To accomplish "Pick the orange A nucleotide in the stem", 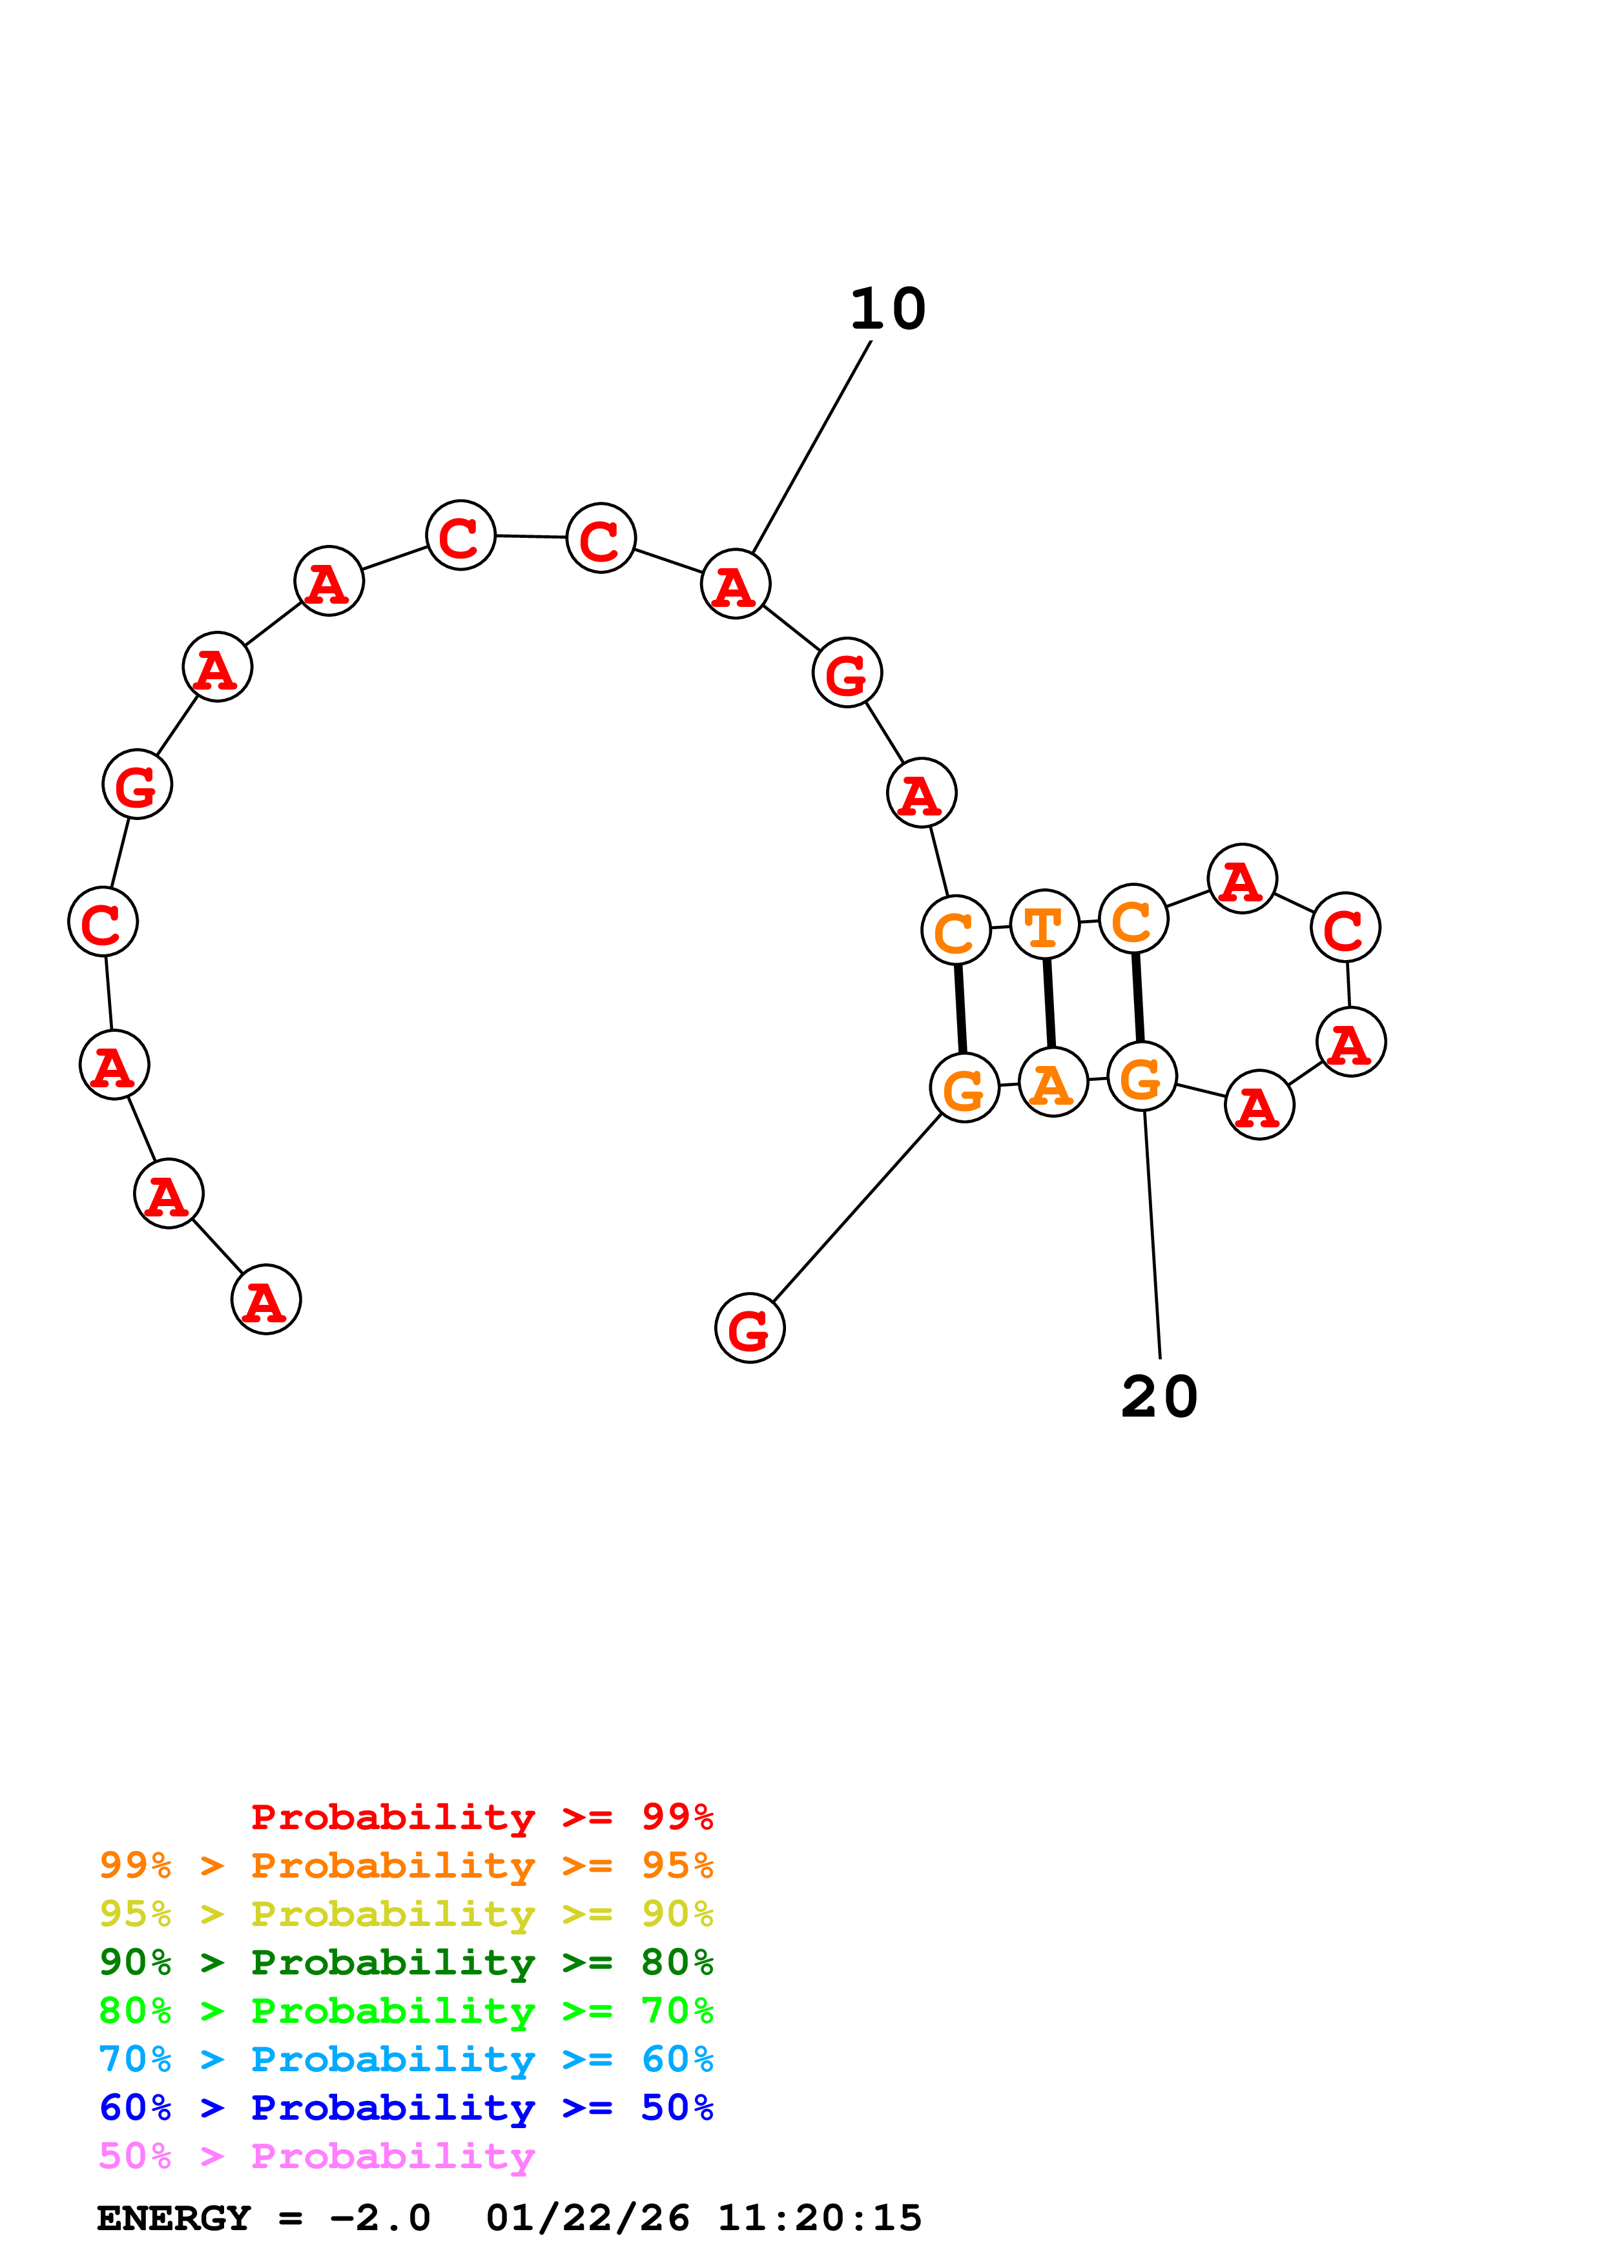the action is coord(1053,1082).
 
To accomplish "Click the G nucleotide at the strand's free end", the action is coord(750,1328).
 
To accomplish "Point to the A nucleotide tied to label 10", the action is coord(735,584).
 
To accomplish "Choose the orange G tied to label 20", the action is coord(1141,1076).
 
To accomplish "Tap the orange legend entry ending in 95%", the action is coord(406,1865).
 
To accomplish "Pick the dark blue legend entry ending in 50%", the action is coord(406,2107).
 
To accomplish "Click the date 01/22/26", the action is coord(588,2218).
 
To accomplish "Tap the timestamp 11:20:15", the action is coord(819,2218).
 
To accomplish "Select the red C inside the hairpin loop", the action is coord(1345,927).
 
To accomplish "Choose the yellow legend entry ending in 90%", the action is coord(406,1914).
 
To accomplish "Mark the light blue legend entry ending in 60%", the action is coord(406,2059).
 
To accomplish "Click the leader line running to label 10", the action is coord(811,447).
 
